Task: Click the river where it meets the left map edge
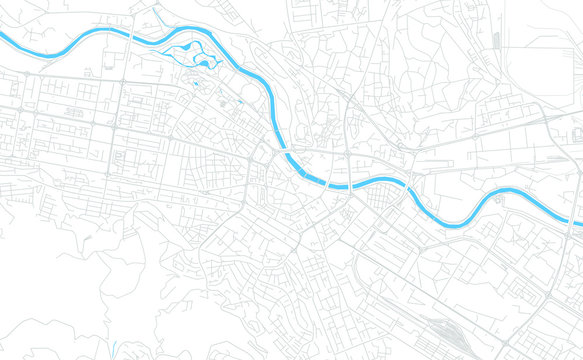[3, 39]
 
